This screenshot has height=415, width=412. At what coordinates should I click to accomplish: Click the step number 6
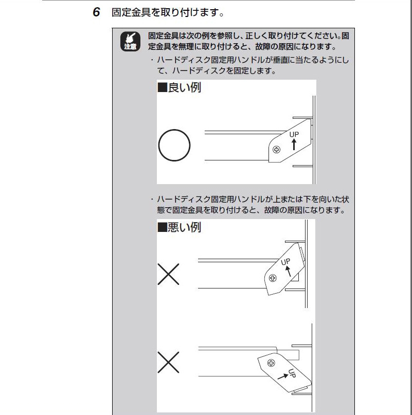coord(96,12)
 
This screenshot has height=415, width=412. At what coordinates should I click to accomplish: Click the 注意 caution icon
coord(130,41)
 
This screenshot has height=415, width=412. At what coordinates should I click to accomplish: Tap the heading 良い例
coord(185,87)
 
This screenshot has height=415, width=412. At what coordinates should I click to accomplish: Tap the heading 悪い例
coord(185,227)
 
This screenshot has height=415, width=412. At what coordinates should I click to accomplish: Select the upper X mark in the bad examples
coord(168,274)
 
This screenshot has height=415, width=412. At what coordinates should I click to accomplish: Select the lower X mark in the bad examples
coord(168,363)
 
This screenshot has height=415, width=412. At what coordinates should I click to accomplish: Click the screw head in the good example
coord(276,150)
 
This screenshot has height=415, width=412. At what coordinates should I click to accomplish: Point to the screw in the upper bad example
coord(273,278)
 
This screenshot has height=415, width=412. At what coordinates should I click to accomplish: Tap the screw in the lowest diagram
coord(271,363)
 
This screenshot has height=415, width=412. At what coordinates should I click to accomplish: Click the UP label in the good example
coord(294,134)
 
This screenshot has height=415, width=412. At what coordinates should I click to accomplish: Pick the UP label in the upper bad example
coord(285,262)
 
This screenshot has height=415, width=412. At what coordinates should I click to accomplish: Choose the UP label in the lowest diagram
coord(292,373)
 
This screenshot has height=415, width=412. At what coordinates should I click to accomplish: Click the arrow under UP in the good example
coord(294,145)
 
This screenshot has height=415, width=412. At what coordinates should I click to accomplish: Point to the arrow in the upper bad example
coord(288,272)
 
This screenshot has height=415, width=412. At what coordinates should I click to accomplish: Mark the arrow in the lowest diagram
coord(283,376)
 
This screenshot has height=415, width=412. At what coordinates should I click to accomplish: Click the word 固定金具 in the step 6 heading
coord(131,12)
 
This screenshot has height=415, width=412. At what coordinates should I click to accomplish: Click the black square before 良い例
coord(163,87)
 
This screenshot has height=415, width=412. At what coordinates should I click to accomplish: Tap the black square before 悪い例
coord(163,227)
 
